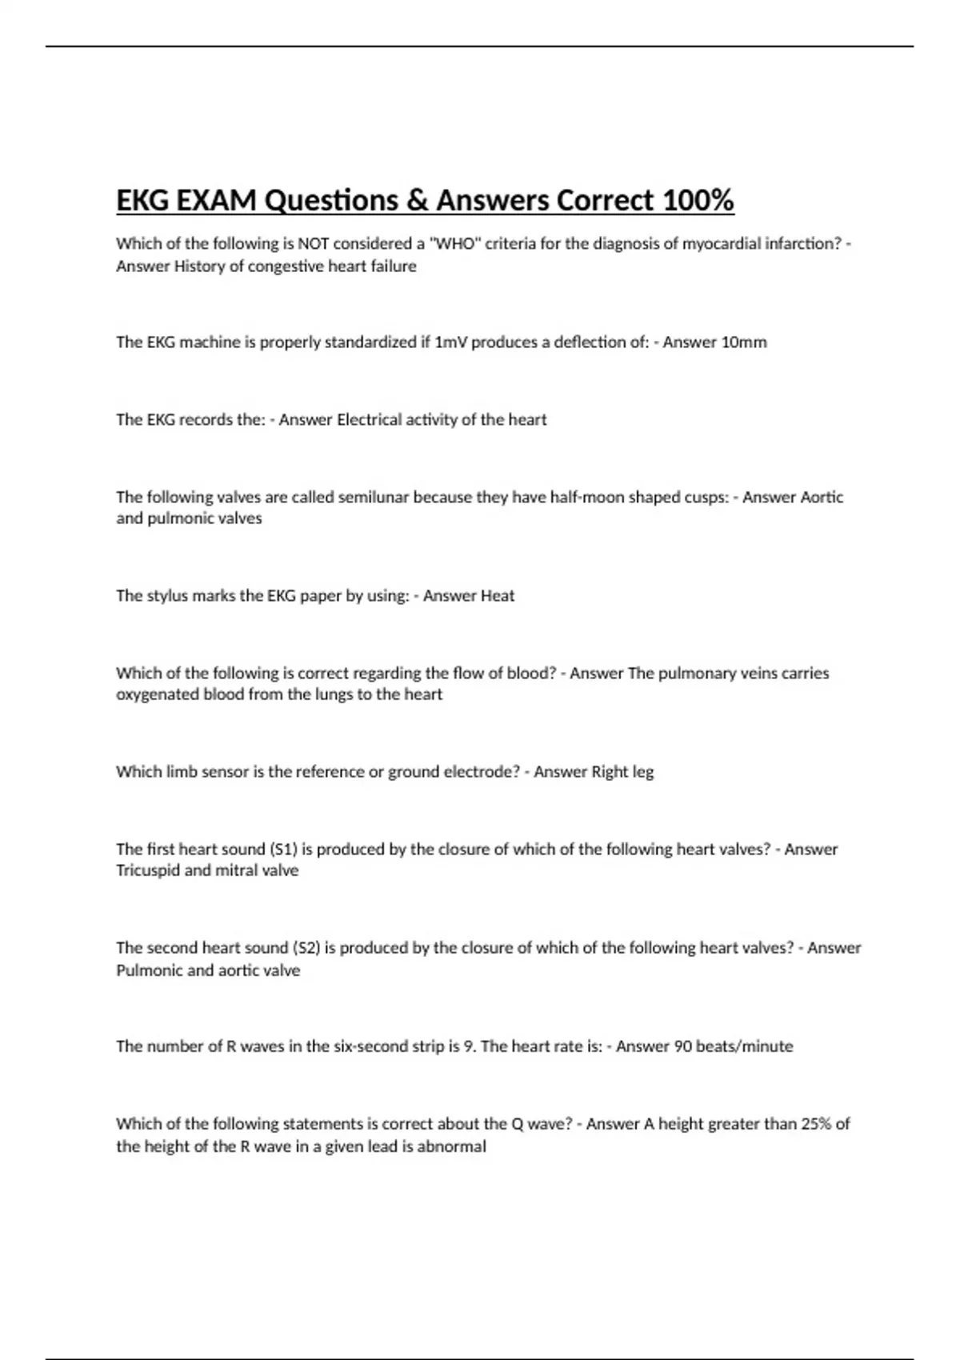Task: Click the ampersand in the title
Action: point(417,200)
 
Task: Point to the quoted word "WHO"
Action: point(453,244)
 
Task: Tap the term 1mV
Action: point(451,342)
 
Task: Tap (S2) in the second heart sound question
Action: point(307,948)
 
